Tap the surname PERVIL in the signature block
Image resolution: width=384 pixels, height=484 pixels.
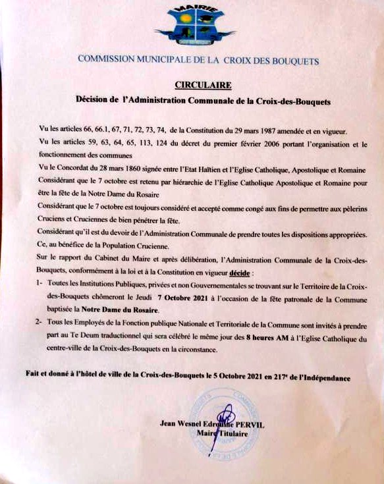click(246, 425)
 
